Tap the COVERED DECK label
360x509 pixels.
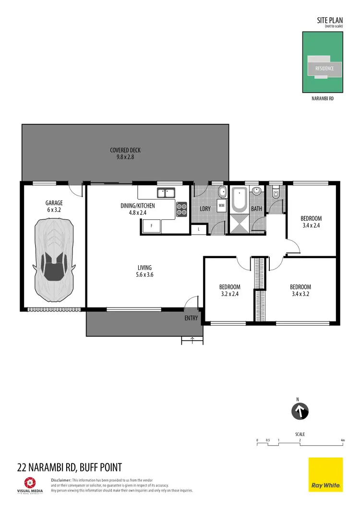[x=125, y=154]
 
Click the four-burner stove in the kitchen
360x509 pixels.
[x=182, y=209]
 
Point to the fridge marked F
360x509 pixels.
[x=152, y=225]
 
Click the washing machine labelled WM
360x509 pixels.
[x=221, y=205]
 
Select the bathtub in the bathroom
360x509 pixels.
[x=240, y=200]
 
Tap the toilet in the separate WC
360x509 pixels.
[x=275, y=193]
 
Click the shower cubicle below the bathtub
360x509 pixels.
[x=240, y=223]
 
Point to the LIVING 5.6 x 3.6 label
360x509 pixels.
[x=144, y=271]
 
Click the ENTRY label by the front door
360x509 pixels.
[x=191, y=318]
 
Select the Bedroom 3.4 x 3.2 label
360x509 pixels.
[x=300, y=291]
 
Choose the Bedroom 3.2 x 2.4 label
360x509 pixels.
[x=229, y=291]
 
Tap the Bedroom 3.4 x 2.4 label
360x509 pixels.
[x=312, y=222]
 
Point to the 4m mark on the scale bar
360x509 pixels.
[x=342, y=440]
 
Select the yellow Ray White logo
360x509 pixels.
[x=325, y=474]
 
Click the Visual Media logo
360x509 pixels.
[x=31, y=485]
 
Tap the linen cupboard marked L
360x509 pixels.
[x=199, y=230]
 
